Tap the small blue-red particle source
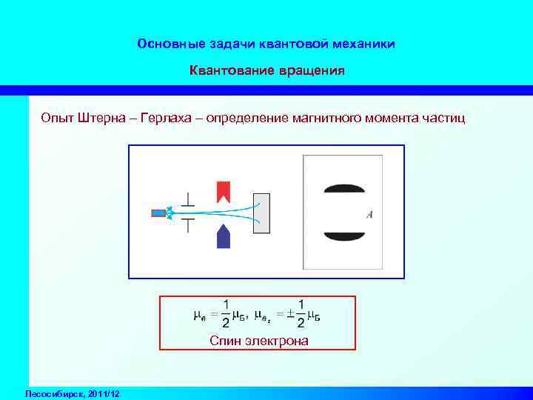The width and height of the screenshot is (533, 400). (158, 213)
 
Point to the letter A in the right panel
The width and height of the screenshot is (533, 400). (369, 215)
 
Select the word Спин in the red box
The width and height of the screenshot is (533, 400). (223, 340)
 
